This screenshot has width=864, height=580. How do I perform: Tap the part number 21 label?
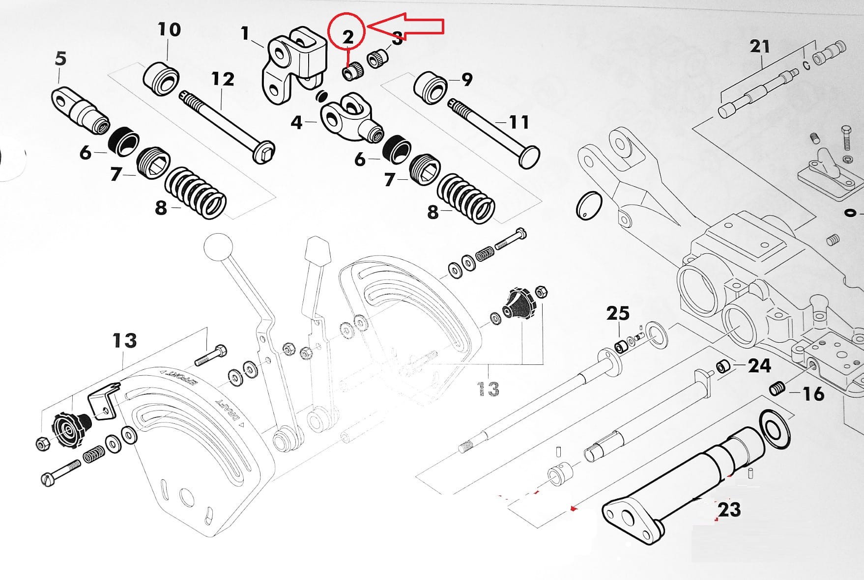pos(759,47)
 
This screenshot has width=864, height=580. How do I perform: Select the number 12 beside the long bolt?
pos(223,79)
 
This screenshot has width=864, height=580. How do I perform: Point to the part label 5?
pos(60,58)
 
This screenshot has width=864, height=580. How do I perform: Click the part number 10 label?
pos(169,29)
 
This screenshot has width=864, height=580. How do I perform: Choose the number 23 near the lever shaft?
pos(729,509)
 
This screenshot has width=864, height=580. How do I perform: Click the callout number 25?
pos(618,313)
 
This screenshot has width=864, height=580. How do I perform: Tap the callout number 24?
pos(759,365)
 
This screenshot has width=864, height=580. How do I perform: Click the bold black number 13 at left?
pos(124,340)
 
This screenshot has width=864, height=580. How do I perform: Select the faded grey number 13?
pos(488,389)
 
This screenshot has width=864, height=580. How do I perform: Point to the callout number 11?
pos(518,121)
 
